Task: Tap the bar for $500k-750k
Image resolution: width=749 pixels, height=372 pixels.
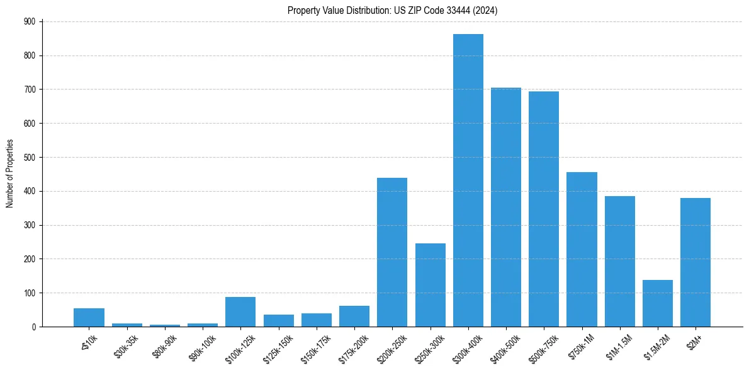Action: coord(544,209)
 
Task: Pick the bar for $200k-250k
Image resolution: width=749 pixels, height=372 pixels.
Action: coord(392,252)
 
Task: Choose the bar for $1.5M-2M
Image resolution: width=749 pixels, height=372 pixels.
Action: coord(658,303)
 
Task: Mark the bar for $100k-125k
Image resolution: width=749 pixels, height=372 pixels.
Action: coord(240,311)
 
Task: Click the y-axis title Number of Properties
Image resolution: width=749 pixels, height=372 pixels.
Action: coord(9,174)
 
